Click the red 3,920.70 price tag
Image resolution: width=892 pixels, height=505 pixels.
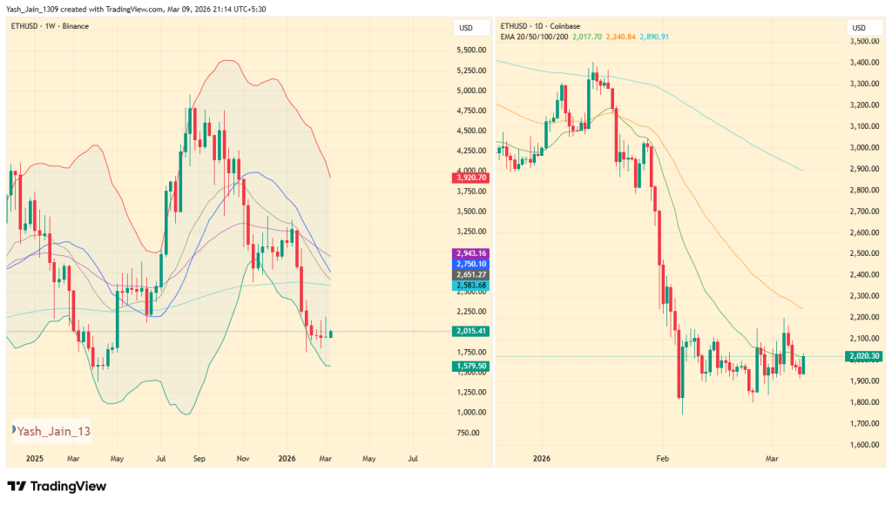click(470, 178)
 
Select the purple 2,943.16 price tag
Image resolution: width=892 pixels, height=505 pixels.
click(470, 252)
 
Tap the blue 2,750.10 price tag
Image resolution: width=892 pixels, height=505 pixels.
click(470, 264)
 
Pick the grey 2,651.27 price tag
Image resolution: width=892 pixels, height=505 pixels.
click(470, 275)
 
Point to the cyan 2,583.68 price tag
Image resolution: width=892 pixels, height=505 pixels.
click(470, 286)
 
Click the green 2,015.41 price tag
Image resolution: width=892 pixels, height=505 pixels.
click(470, 332)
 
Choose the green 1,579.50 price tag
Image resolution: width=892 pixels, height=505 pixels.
click(470, 367)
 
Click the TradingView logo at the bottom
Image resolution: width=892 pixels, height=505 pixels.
click(57, 486)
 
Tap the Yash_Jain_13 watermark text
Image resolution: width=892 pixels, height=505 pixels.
click(53, 430)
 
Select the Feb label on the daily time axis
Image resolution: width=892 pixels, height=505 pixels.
click(662, 457)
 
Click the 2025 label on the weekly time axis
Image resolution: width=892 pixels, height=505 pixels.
click(34, 457)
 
